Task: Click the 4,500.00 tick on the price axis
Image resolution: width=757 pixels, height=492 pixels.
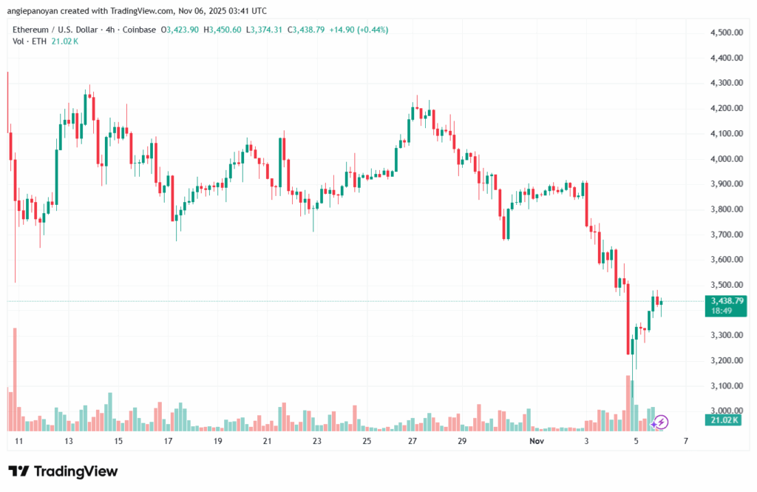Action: coord(726,33)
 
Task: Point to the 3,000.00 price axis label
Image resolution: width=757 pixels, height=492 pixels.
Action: coord(726,411)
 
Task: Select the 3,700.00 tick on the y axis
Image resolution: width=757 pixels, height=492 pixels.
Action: coord(726,235)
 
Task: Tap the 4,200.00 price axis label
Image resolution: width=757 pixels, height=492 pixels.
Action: coord(726,108)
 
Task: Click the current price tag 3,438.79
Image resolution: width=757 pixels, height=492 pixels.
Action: coord(727,301)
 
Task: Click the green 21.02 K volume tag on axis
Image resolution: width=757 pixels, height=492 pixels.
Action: coord(726,421)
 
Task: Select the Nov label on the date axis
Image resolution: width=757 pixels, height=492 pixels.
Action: coord(537,441)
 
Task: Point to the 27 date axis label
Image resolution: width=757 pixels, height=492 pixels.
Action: coord(412,441)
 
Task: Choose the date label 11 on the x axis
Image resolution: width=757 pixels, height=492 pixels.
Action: coord(18,441)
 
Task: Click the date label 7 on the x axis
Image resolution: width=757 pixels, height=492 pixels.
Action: coord(686,441)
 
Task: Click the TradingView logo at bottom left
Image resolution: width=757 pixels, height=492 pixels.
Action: coord(63,471)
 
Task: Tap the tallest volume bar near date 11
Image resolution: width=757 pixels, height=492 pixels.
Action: coord(15,379)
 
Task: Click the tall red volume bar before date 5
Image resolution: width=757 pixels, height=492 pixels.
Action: coord(628,403)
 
